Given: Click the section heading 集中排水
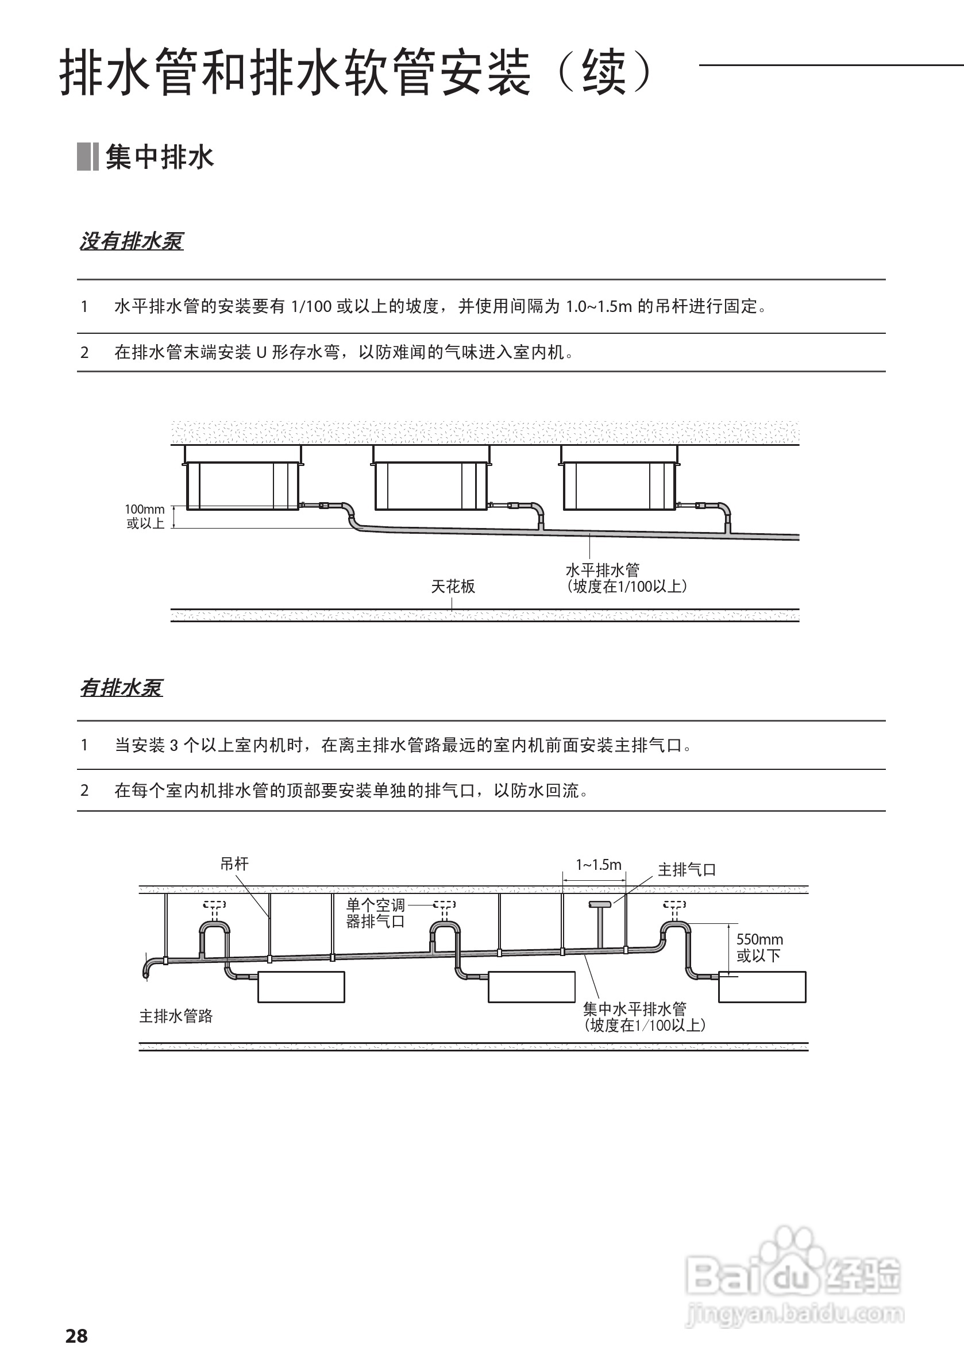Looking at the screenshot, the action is pyautogui.click(x=159, y=157).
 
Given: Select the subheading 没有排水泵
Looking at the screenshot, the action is pyautogui.click(x=132, y=241).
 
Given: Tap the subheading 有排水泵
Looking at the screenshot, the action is pyautogui.click(x=121, y=688).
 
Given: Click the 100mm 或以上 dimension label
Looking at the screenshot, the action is pyautogui.click(x=145, y=517).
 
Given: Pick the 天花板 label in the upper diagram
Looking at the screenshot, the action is pyautogui.click(x=453, y=587).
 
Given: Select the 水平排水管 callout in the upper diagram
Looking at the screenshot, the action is pyautogui.click(x=626, y=578).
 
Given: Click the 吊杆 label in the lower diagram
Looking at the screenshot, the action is pyautogui.click(x=234, y=864).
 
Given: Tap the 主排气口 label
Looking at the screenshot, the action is pyautogui.click(x=687, y=870).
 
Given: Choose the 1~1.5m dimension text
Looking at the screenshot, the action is pyautogui.click(x=598, y=865).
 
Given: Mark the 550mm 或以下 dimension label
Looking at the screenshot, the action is pyautogui.click(x=759, y=947).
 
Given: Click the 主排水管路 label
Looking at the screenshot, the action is pyautogui.click(x=176, y=1016).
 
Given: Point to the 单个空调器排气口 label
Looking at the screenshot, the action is pyautogui.click(x=375, y=914).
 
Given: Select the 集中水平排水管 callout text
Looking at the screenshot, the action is pyautogui.click(x=643, y=1017).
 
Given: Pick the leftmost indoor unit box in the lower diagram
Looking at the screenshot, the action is pyautogui.click(x=301, y=987).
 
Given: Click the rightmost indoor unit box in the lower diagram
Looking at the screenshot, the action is pyautogui.click(x=762, y=987).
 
